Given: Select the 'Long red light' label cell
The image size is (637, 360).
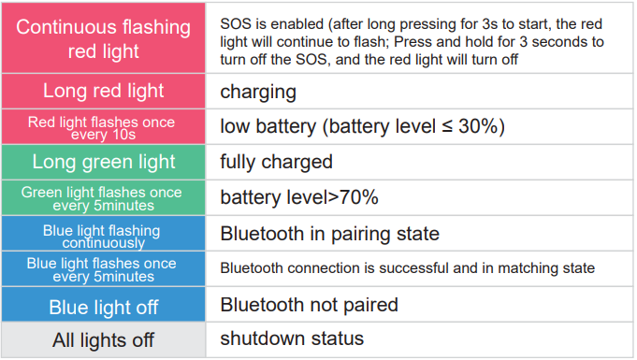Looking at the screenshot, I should [x=103, y=92].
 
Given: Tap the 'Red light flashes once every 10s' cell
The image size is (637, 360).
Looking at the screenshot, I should [x=103, y=127].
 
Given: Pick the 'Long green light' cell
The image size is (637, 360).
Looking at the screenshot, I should [x=103, y=162].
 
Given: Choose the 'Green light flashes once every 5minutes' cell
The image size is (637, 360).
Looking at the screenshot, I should [x=103, y=197].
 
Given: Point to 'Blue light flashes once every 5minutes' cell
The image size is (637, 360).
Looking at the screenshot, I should [x=103, y=269].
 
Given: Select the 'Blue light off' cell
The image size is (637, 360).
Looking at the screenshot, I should [x=103, y=307].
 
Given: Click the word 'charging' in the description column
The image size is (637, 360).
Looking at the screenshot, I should [x=258, y=92].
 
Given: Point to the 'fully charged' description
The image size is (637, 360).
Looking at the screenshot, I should [x=276, y=162].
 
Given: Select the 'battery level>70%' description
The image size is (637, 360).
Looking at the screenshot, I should [x=298, y=197].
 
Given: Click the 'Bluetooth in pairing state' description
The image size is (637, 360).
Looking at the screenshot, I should [x=329, y=233].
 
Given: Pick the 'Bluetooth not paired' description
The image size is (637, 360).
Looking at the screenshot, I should [x=309, y=305].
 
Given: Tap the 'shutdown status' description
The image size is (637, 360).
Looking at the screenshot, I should [x=292, y=338].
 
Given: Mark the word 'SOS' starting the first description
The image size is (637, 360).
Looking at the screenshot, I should [x=235, y=22].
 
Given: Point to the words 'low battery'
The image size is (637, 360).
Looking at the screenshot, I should [x=267, y=126].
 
